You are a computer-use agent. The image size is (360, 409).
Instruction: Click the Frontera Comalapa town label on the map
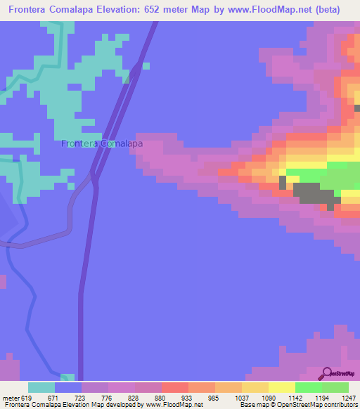point(103,143)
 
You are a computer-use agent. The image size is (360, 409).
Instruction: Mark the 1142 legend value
point(295,398)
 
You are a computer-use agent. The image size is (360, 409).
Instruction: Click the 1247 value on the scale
point(349,398)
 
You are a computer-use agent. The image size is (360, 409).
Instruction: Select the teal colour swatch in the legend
point(41,387)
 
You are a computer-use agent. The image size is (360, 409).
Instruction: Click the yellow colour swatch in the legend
point(282,387)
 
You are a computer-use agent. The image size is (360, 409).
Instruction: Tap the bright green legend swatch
point(309,387)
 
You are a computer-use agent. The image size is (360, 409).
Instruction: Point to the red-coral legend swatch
point(175,387)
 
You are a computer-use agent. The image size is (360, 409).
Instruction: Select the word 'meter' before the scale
point(11,398)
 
